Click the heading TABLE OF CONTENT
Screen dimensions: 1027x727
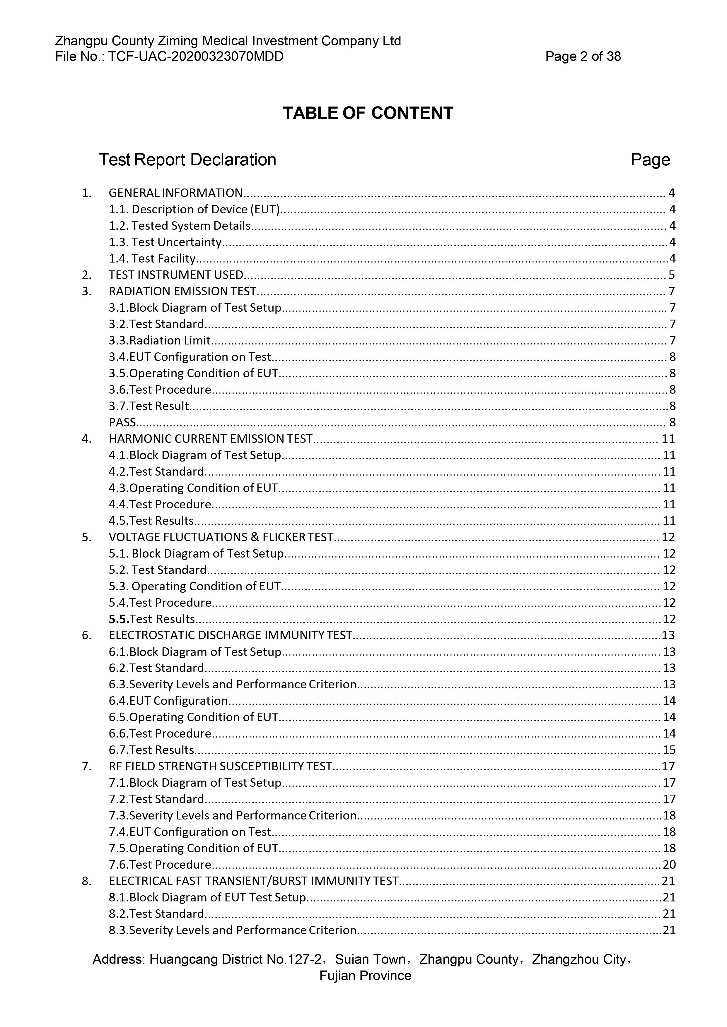click(x=368, y=113)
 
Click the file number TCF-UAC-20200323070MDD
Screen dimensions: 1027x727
click(x=196, y=57)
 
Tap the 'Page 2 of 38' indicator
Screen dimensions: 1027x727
click(x=583, y=57)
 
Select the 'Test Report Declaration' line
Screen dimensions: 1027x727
click(x=187, y=160)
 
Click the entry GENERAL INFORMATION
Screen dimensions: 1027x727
click(x=175, y=193)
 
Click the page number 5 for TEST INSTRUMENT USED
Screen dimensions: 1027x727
click(x=671, y=275)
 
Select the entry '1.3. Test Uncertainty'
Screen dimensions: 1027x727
click(x=165, y=242)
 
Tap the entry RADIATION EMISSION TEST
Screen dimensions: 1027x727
click(x=182, y=291)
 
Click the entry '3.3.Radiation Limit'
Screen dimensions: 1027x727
click(x=159, y=340)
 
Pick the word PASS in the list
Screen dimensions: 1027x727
click(x=122, y=422)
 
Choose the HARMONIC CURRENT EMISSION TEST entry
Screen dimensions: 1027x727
click(x=210, y=439)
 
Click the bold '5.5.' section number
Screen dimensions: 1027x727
click(x=119, y=619)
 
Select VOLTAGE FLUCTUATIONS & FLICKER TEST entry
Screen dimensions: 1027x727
click(x=221, y=537)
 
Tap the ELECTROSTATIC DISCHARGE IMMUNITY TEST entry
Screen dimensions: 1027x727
click(x=230, y=635)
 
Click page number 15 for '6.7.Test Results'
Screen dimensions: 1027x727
click(x=669, y=750)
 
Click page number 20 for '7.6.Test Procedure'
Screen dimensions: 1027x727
click(x=669, y=865)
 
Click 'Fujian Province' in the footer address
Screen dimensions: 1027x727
click(x=365, y=975)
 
